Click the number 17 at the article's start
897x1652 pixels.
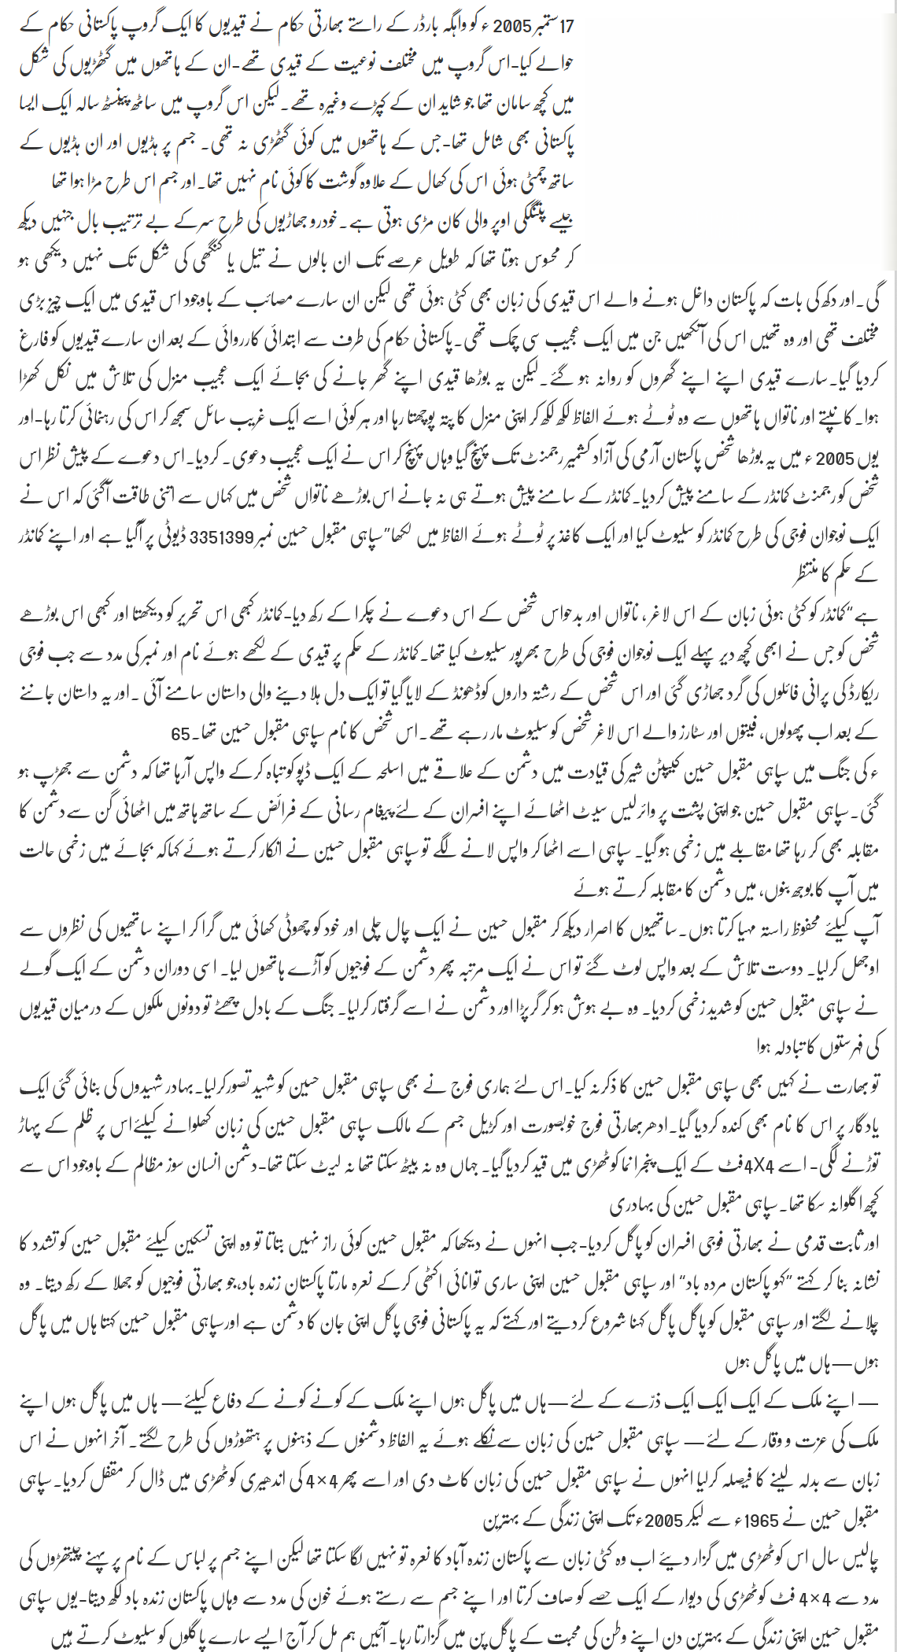[566, 25]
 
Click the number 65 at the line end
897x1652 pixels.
[180, 734]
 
